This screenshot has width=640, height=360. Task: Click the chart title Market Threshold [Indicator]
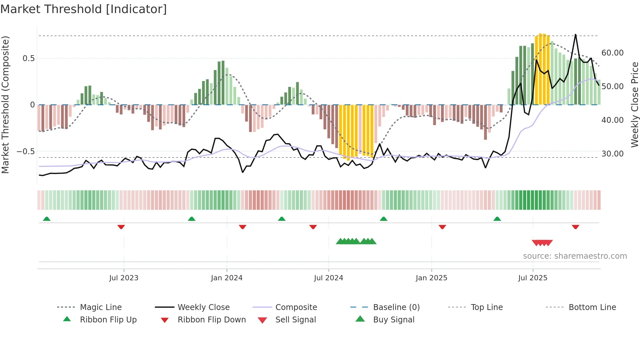coord(84,9)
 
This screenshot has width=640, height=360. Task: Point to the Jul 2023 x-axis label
coord(124,278)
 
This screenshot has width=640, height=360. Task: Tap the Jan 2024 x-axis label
coord(227,278)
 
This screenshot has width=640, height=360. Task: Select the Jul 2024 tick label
coord(328,278)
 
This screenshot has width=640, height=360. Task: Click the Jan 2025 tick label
coord(431,278)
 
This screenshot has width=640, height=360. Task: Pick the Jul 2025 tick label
coord(533,278)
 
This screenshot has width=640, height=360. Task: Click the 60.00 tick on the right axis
coord(612,53)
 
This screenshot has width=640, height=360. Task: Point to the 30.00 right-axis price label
coord(612,154)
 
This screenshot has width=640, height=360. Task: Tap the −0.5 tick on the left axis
coord(25,152)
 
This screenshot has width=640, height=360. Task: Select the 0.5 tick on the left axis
coord(28,58)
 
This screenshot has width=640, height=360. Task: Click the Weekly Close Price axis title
coord(634,105)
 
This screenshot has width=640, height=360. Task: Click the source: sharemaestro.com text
coord(575,256)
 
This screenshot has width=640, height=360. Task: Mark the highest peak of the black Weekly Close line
coord(575,34)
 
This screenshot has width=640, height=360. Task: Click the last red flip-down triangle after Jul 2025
coord(575,227)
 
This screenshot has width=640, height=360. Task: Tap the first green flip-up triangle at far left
coord(47,219)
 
